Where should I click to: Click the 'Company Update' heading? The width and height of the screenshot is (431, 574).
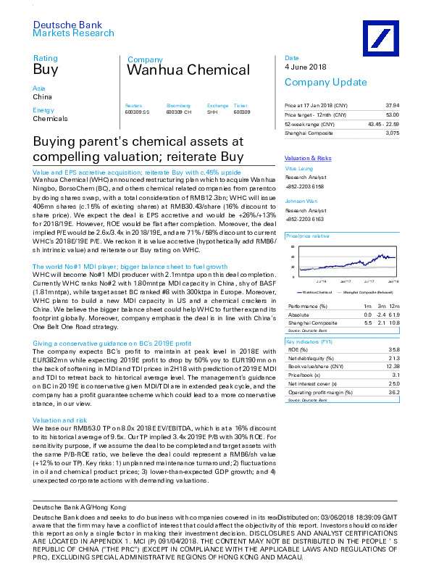tap(315, 82)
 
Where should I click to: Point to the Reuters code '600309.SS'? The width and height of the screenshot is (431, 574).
tap(137, 112)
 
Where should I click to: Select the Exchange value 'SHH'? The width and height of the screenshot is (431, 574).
tap(212, 112)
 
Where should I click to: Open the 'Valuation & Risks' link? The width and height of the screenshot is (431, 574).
tap(308, 157)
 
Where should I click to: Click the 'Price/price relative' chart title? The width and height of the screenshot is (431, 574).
tap(308, 237)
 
